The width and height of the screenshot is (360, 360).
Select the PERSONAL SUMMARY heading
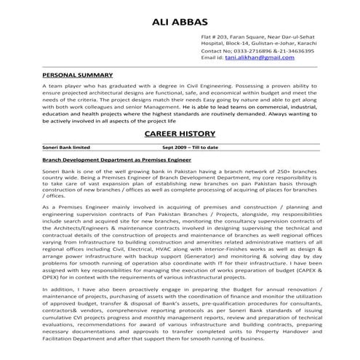[77, 75]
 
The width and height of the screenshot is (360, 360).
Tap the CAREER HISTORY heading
[180, 135]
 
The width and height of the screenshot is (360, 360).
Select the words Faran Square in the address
[248, 37]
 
